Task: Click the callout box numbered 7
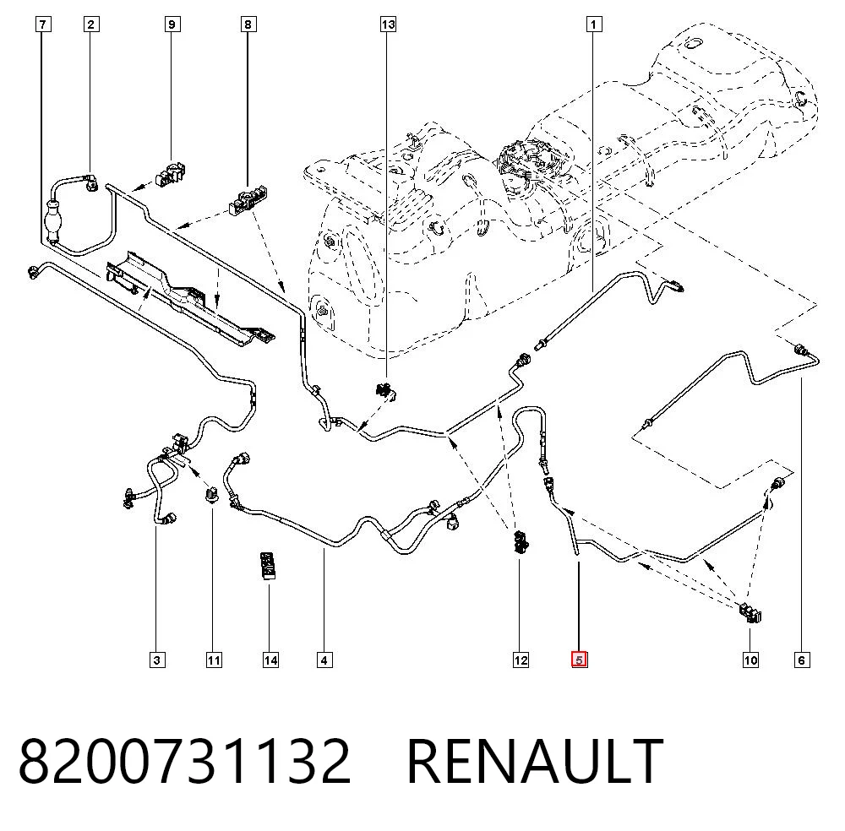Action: (43, 24)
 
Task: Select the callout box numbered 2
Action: (91, 24)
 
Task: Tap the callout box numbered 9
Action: (172, 24)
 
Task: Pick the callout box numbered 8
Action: (248, 24)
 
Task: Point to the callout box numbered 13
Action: (388, 24)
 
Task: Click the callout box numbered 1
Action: (594, 24)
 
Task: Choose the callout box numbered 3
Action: (157, 660)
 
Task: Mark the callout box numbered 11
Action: (214, 660)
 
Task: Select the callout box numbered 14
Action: (270, 660)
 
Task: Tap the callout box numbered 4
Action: (324, 660)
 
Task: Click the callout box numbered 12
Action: (521, 660)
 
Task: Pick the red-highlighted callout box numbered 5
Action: (580, 660)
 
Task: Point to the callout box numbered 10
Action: (750, 660)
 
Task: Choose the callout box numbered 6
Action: (801, 660)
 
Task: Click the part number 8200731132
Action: (185, 761)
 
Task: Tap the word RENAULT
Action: (535, 761)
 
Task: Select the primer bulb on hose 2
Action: (53, 222)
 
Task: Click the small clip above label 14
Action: (268, 565)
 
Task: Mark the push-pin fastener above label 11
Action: (212, 494)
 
